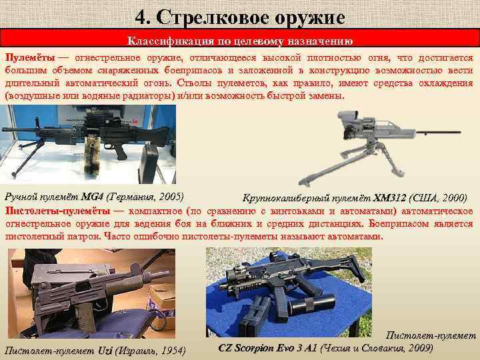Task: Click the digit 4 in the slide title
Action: pos(141,17)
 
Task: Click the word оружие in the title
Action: pos(309,19)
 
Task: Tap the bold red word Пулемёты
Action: pos(30,57)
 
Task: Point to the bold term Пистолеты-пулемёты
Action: pos(57,211)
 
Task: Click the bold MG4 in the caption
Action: pos(92,196)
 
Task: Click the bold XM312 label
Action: pos(389,198)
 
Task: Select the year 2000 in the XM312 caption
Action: pos(453,198)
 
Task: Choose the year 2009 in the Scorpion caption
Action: pos(419,348)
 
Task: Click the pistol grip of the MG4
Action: pos(120,152)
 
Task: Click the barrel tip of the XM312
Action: pos(459,132)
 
